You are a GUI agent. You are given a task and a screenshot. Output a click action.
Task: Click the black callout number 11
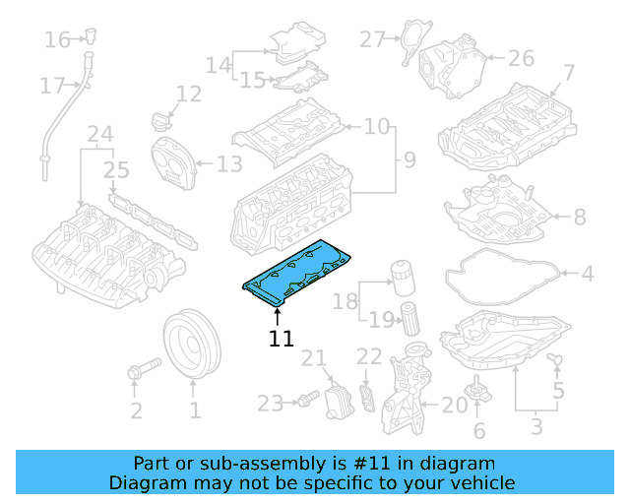(x=282, y=339)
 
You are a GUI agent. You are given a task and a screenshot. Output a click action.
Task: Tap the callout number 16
(x=57, y=40)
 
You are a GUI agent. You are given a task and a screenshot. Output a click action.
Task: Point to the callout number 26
(x=521, y=59)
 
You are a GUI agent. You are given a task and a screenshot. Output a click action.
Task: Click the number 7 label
(x=568, y=72)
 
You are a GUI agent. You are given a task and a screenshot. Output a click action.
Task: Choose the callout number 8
(x=579, y=216)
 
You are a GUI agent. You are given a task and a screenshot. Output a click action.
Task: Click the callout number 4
(x=587, y=274)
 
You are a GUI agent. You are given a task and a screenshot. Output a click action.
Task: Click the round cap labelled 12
(x=160, y=122)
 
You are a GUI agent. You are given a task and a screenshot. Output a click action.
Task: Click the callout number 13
(x=229, y=164)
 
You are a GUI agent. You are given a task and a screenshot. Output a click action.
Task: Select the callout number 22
(x=368, y=356)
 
